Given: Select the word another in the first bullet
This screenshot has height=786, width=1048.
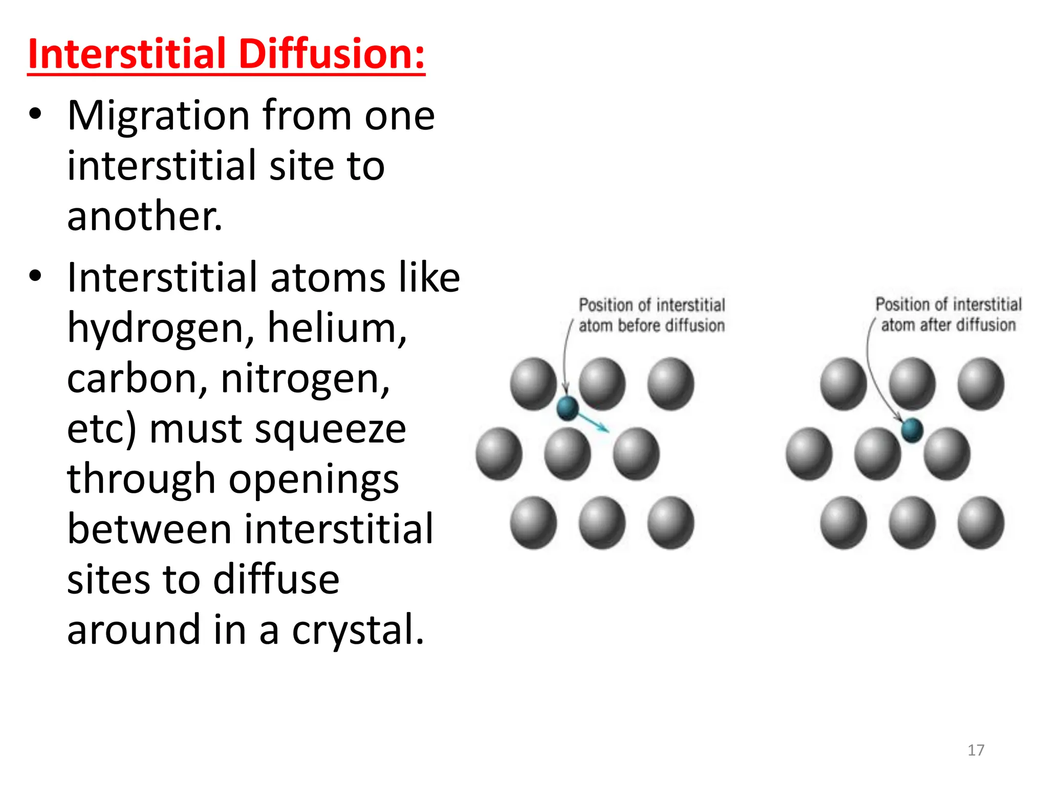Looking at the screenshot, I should pyautogui.click(x=145, y=216).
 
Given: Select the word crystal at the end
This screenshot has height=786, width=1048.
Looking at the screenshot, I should pyautogui.click(x=358, y=630).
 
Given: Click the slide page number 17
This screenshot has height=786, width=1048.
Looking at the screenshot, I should pyautogui.click(x=976, y=750).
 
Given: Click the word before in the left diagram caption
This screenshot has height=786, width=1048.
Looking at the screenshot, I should pyautogui.click(x=639, y=325).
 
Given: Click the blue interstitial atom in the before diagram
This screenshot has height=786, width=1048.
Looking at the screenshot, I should pyautogui.click(x=567, y=408).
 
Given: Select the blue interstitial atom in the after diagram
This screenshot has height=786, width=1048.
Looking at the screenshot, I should pyautogui.click(x=912, y=429).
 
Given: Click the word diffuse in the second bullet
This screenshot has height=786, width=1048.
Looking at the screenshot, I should pyautogui.click(x=276, y=580).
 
